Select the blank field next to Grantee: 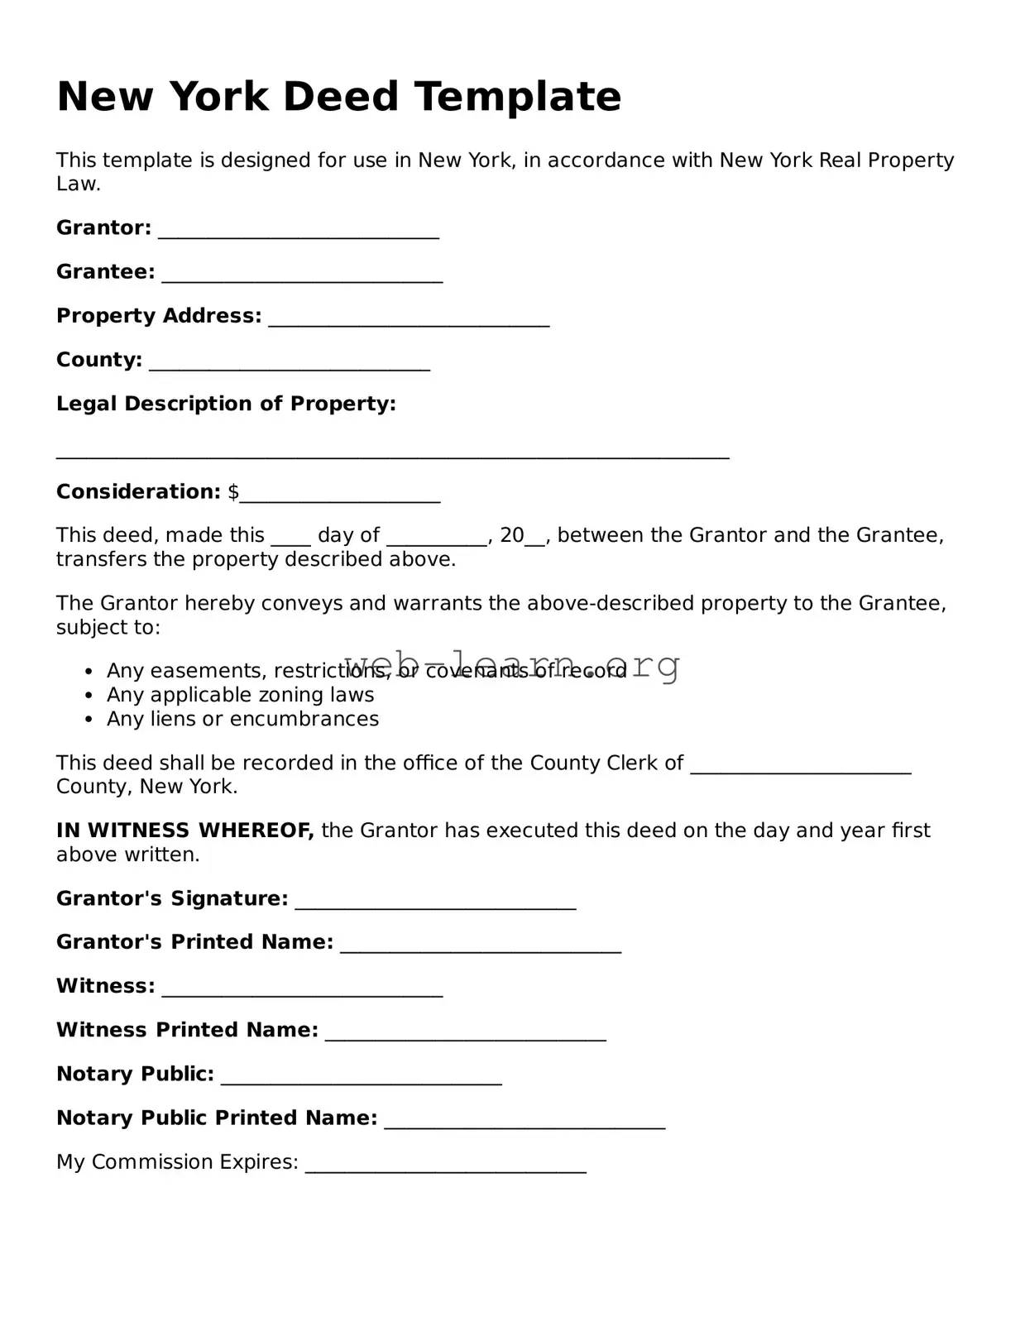tap(302, 278)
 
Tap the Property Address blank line tap(409, 322)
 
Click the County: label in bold tap(99, 360)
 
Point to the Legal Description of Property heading tap(226, 404)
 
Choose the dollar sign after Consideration tap(233, 492)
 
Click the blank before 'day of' tap(290, 541)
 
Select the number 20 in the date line tap(512, 535)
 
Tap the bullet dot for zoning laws tap(90, 697)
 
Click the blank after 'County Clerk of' tap(800, 769)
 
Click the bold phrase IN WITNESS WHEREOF tap(184, 831)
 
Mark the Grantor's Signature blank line tap(435, 905)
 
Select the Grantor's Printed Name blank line tap(481, 949)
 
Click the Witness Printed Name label tap(187, 1030)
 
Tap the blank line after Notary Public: tap(362, 1080)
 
